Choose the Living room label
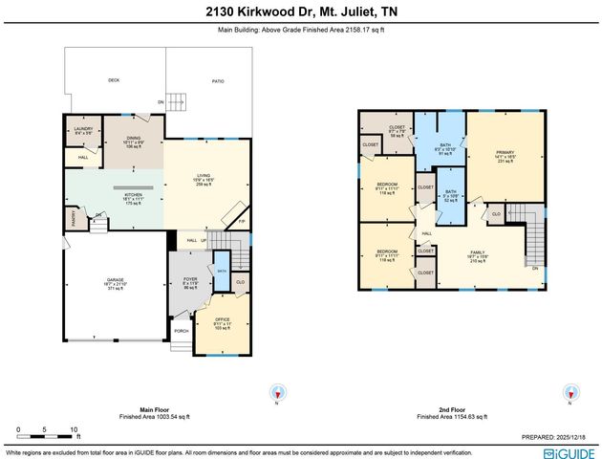click(x=203, y=178)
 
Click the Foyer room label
click(x=189, y=282)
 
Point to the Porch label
click(x=181, y=331)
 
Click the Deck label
click(x=114, y=81)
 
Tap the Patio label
click(x=218, y=81)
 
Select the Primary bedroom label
click(x=505, y=154)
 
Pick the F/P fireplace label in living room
click(x=242, y=222)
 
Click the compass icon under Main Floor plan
click(x=278, y=392)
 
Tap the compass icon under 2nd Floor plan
click(x=570, y=392)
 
